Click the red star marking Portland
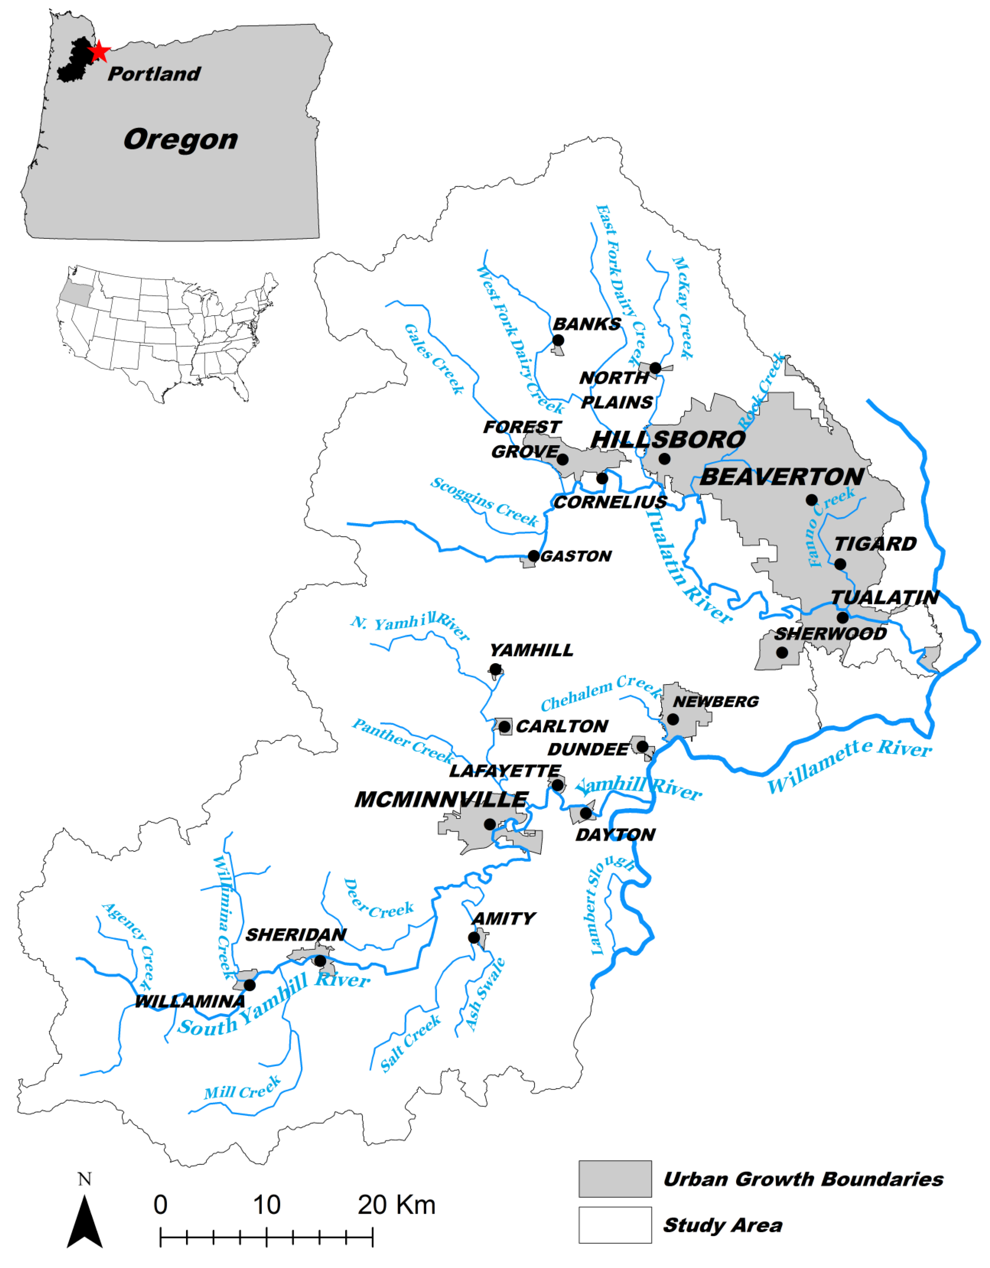point(99,52)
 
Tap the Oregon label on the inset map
point(181,140)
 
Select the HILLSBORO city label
point(668,439)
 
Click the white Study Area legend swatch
point(615,1225)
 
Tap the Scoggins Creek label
point(484,502)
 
